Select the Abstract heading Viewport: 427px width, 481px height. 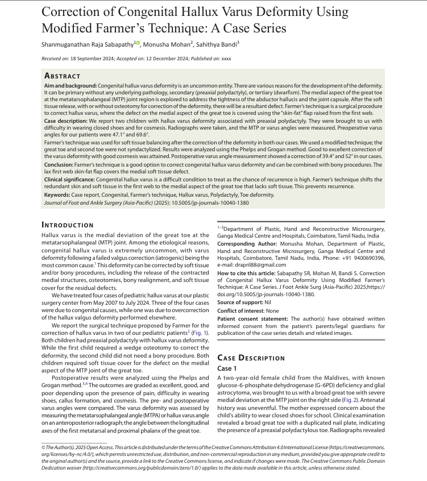62,76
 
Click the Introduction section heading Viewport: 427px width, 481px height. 68,225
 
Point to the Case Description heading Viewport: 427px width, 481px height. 251,358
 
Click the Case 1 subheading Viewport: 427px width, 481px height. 229,368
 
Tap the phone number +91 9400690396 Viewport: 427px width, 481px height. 365,258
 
